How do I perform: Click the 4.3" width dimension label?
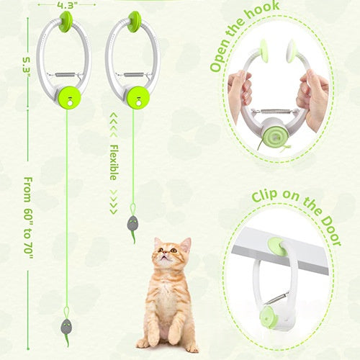pos(66,5)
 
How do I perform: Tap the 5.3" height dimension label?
pos(27,67)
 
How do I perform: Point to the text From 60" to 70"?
pos(28,218)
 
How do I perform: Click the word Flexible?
pos(114,162)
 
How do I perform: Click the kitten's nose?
pos(165,252)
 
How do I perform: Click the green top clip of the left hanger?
pos(66,22)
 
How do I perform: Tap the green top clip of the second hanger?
pos(135,22)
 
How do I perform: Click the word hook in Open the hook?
pos(262,14)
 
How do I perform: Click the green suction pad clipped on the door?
pos(278,247)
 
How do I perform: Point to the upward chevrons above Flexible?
pos(114,125)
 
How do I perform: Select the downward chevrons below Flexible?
pos(114,202)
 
